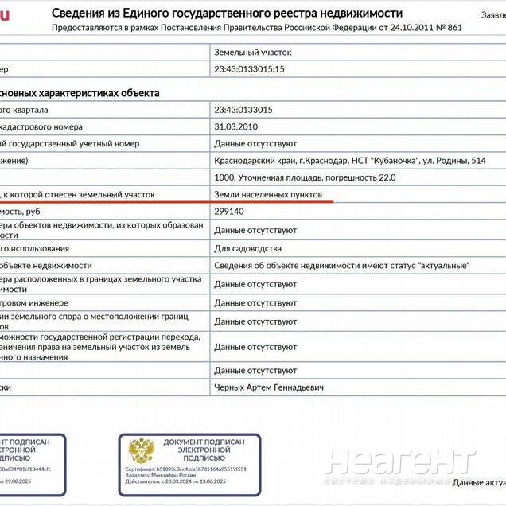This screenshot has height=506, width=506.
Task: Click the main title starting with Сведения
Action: [x=227, y=13]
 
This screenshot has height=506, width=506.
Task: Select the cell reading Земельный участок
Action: [x=253, y=52]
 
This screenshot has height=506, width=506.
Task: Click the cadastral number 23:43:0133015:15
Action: [x=249, y=69]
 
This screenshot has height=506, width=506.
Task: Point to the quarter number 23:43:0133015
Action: [x=243, y=110]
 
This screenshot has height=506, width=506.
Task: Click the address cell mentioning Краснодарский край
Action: [x=349, y=161]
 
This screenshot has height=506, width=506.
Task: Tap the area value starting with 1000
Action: [x=305, y=177]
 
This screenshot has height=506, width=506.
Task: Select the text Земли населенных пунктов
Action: [x=268, y=194]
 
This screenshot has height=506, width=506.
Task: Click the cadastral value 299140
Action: [x=229, y=212]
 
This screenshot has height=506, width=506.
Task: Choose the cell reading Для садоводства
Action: [x=247, y=248]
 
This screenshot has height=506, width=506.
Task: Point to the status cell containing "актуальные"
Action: [x=342, y=265]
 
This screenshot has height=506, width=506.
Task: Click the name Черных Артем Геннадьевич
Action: [x=269, y=387]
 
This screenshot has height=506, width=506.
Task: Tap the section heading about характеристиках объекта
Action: [x=80, y=92]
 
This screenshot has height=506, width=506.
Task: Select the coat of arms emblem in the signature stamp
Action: [x=142, y=450]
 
